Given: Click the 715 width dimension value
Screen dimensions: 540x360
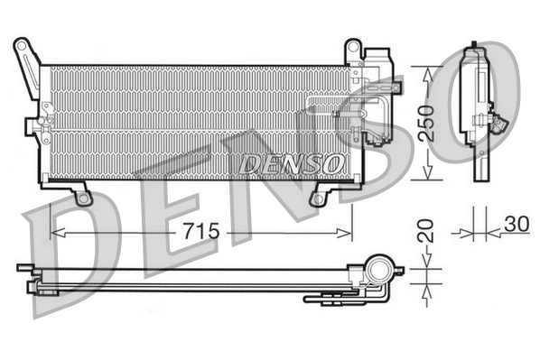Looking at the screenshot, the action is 201,231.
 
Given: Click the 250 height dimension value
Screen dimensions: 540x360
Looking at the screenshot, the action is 425,123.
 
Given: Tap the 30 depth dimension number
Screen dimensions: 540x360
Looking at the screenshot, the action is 517,224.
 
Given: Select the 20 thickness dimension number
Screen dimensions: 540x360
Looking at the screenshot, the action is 425,231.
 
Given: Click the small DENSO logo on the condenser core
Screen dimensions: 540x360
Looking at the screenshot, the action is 292,164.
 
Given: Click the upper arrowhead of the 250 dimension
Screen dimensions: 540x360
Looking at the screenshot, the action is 427,74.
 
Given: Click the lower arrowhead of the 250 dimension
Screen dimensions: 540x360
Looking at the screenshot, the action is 427,171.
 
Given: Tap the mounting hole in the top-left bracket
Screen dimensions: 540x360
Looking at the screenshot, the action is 22,45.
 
